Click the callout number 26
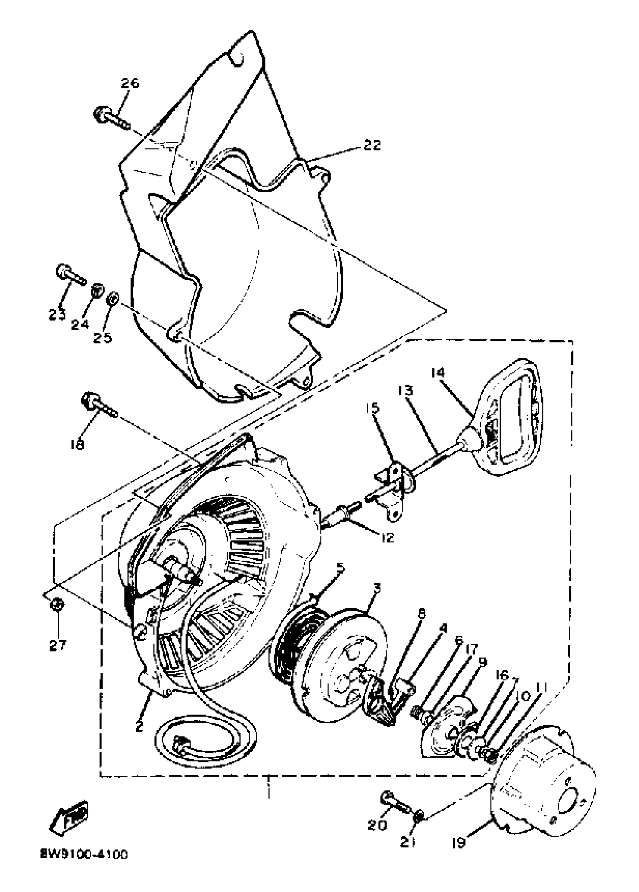pos(130,83)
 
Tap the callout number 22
pos(371,145)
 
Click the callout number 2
pos(138,727)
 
